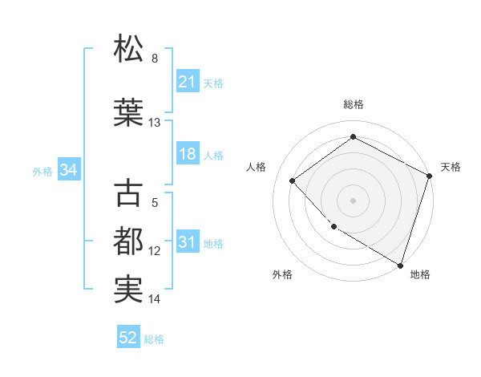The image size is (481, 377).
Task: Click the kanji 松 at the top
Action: pyautogui.click(x=129, y=49)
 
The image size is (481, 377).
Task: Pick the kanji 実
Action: pyautogui.click(x=129, y=290)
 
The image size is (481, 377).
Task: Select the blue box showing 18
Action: pyautogui.click(x=188, y=154)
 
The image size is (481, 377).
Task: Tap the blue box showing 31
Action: pyautogui.click(x=188, y=242)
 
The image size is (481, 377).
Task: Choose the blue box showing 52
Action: pyautogui.click(x=128, y=338)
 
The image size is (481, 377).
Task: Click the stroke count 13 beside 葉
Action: pyautogui.click(x=155, y=123)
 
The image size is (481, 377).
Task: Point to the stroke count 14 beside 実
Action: pyautogui.click(x=155, y=299)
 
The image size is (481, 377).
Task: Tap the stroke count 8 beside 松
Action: pyautogui.click(x=155, y=59)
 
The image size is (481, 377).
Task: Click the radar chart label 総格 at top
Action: pyautogui.click(x=353, y=104)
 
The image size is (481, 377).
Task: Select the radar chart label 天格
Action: pyautogui.click(x=451, y=167)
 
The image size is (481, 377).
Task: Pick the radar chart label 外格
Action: pyautogui.click(x=282, y=274)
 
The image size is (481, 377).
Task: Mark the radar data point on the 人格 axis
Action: pyautogui.click(x=293, y=180)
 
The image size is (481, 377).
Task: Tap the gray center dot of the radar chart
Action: pyautogui.click(x=353, y=200)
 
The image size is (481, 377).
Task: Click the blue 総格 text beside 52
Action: pyautogui.click(x=154, y=338)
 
